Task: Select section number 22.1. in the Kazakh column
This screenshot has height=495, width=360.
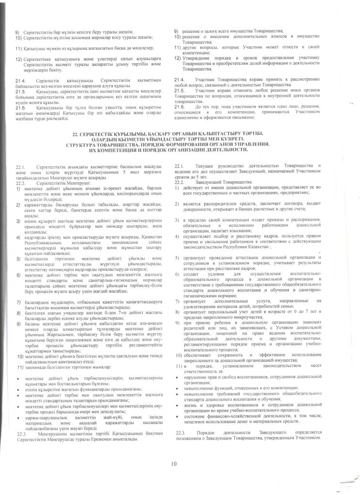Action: pyautogui.click(x=20, y=166)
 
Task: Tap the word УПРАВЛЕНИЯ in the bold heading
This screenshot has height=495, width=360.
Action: pyautogui.click(x=262, y=144)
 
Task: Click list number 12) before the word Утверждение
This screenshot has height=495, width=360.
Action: pyautogui.click(x=178, y=58)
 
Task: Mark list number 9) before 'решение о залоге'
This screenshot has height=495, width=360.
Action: pyautogui.click(x=177, y=31)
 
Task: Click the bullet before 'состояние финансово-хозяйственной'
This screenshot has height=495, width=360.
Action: pyautogui.click(x=180, y=408)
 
